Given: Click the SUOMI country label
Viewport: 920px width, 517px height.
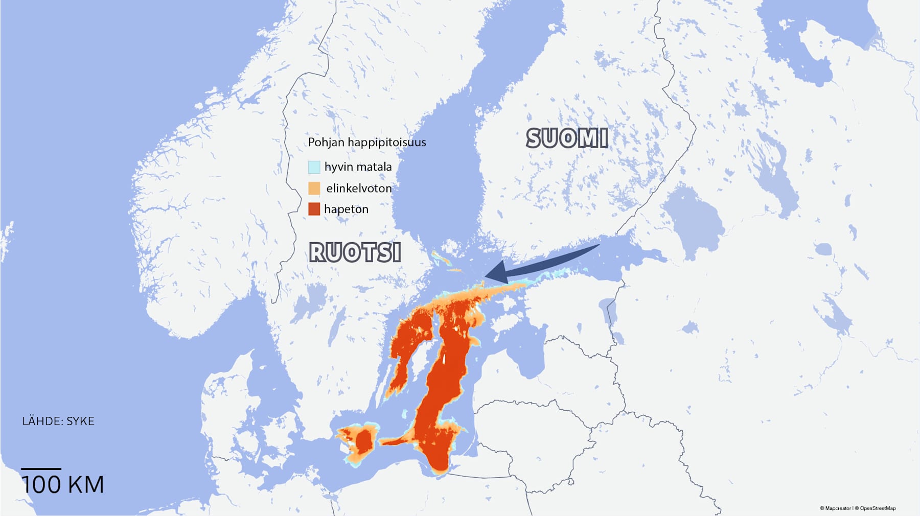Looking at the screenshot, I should point(567,138).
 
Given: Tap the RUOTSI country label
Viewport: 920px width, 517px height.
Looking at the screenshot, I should point(355,252).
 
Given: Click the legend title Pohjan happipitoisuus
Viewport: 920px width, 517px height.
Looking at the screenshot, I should point(366,142).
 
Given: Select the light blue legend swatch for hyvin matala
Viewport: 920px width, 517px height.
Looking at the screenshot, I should point(314,167).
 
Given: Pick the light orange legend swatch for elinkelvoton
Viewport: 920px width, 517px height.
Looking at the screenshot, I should point(314,188).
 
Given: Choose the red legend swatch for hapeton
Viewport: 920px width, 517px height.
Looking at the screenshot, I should point(314,209).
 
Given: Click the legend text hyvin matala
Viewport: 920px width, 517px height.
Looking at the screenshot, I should point(358,167).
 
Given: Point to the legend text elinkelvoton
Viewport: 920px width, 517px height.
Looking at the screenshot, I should point(359,188).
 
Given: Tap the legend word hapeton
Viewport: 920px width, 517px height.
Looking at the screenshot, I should point(346,209).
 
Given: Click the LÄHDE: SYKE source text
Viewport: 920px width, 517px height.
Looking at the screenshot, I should point(58,421).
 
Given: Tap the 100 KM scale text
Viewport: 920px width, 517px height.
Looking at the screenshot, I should point(63,485).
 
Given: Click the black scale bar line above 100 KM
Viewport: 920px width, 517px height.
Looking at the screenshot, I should point(41,468).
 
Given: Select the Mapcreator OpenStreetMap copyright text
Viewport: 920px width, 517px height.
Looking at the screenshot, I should point(858,508).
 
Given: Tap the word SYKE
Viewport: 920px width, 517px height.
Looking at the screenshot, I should point(81,421).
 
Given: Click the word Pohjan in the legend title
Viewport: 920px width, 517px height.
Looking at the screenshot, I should point(326,142).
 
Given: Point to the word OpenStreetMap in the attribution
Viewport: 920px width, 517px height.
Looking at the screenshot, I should point(878,508).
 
